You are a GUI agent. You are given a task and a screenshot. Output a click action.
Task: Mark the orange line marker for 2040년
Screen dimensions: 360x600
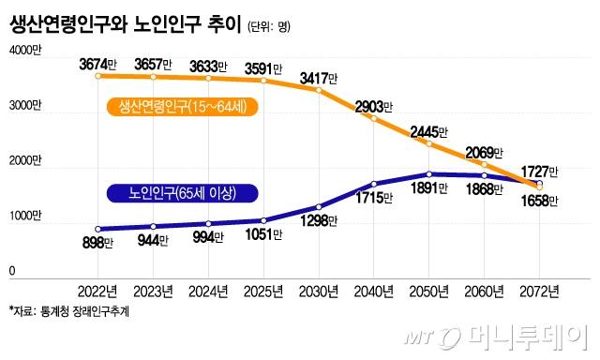[x=375, y=119]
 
